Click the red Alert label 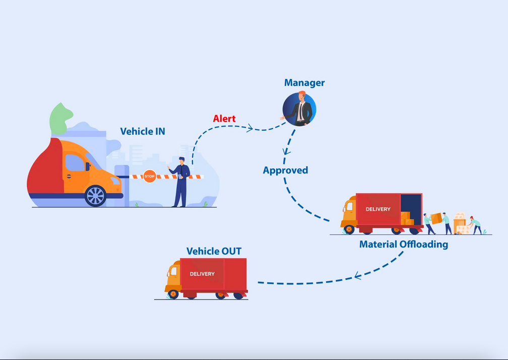(x=224, y=118)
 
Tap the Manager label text (x=304, y=83)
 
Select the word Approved (x=285, y=170)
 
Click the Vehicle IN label (x=143, y=131)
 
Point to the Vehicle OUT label (x=214, y=251)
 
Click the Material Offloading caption (x=403, y=245)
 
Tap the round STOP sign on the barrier (x=150, y=176)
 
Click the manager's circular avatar (x=299, y=108)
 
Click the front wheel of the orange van (x=95, y=196)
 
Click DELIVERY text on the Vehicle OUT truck (x=202, y=274)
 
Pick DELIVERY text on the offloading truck (x=378, y=209)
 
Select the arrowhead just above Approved (x=286, y=151)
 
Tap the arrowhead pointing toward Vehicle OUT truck (x=358, y=275)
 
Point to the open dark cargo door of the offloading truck (x=411, y=204)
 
